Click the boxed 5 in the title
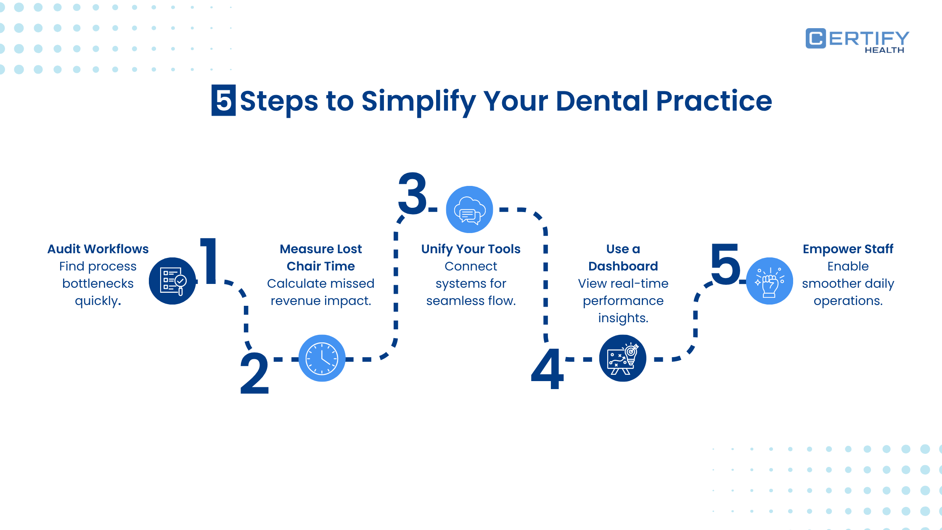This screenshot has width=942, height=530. pos(223,101)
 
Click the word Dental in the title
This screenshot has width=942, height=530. pos(602,101)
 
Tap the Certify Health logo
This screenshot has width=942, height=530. pos(857,41)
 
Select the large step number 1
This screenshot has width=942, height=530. pos(209,261)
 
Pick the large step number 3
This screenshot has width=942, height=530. pos(413,194)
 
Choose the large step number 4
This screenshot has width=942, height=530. pos(547,369)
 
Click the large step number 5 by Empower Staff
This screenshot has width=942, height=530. pos(725,264)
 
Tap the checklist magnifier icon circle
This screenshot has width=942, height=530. pos(172,281)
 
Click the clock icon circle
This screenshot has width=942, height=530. pos(322,358)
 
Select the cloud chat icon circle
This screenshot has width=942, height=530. pos(469,209)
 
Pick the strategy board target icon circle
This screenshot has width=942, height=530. pos(622,358)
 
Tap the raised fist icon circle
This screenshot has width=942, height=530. pos(770,281)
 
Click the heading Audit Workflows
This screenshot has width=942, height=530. pos(98,249)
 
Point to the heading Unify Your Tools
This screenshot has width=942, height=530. pos(471,249)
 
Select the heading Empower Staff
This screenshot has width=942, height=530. pos(848,249)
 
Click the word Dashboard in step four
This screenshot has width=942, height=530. pos(623,266)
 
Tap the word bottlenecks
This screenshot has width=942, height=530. pos(98,284)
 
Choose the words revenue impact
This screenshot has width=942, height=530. pos(320,301)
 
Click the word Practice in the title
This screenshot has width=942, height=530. pos(714,101)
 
